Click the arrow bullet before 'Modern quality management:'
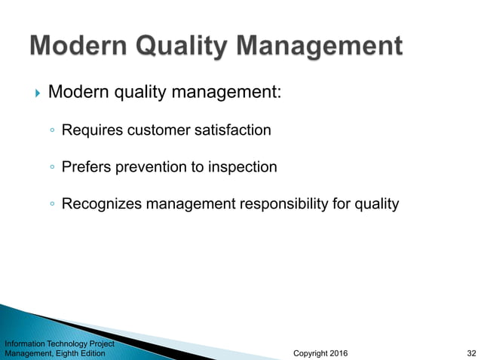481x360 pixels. [37, 93]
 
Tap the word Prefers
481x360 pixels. [87, 166]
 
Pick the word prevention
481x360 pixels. [150, 166]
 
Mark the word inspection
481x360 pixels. [242, 166]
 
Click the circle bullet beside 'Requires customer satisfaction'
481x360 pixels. [51, 131]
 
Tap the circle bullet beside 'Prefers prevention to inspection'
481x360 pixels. [51, 167]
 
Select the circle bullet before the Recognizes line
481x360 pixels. [51, 204]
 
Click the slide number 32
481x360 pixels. [471, 352]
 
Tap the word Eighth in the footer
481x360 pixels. [66, 352]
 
